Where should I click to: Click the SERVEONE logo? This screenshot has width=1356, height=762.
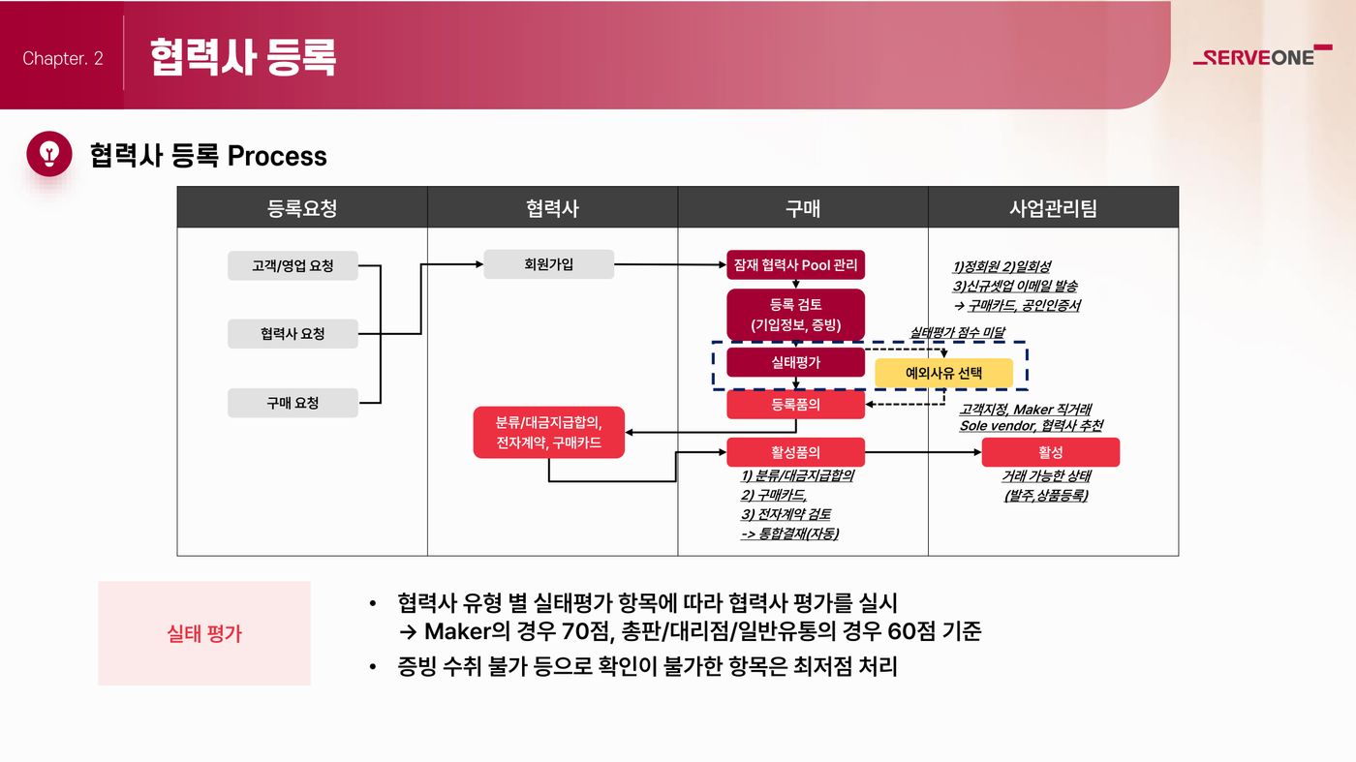pyautogui.click(x=1262, y=55)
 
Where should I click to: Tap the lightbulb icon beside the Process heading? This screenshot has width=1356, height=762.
pyautogui.click(x=49, y=154)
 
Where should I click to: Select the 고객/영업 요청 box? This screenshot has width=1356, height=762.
pyautogui.click(x=293, y=265)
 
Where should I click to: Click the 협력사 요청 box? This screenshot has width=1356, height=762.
pyautogui.click(x=293, y=333)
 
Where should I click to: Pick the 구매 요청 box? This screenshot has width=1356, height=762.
pyautogui.click(x=293, y=403)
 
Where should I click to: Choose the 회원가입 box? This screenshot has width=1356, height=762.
pyautogui.click(x=548, y=264)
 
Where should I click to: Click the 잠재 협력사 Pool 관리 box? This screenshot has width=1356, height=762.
pyautogui.click(x=795, y=264)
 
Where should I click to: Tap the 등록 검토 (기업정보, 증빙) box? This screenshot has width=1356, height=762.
pyautogui.click(x=795, y=315)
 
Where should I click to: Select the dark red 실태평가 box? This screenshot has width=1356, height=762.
pyautogui.click(x=795, y=362)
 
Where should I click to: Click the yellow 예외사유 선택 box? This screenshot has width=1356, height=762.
pyautogui.click(x=943, y=373)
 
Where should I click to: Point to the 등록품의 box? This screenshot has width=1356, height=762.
pyautogui.click(x=795, y=405)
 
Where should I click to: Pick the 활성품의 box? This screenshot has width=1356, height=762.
pyautogui.click(x=795, y=452)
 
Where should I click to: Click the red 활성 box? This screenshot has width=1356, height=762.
pyautogui.click(x=1050, y=452)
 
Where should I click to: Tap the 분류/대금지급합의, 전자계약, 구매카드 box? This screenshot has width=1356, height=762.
pyautogui.click(x=548, y=432)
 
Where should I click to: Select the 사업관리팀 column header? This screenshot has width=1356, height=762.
pyautogui.click(x=1054, y=207)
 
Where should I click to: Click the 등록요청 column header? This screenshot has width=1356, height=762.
pyautogui.click(x=302, y=207)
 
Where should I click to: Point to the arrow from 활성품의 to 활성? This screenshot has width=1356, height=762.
pyautogui.click(x=923, y=452)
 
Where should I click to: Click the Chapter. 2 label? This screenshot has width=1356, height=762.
pyautogui.click(x=63, y=58)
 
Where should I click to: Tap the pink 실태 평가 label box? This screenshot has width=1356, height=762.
pyautogui.click(x=204, y=633)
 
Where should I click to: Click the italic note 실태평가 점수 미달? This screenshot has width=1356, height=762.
pyautogui.click(x=957, y=332)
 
